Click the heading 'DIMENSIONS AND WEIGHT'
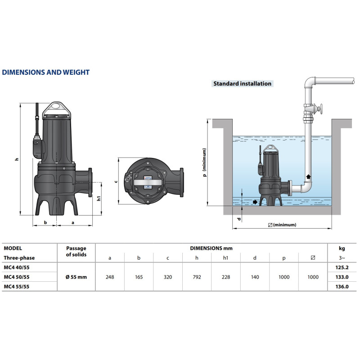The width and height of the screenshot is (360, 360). [46, 72]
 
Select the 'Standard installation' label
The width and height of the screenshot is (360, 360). [242, 84]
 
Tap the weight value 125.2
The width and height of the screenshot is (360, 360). [342, 267]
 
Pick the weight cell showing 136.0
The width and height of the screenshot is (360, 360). [342, 287]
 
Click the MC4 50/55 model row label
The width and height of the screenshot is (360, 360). [17, 277]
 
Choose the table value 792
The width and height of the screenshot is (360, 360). [197, 277]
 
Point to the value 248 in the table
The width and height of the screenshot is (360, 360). [110, 277]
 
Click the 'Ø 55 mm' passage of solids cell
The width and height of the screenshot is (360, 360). [76, 277]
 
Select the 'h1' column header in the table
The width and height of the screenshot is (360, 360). [226, 258]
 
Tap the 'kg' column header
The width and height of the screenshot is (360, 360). [342, 248]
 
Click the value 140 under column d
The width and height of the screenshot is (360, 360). [255, 277]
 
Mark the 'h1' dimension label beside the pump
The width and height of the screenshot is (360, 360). [99, 198]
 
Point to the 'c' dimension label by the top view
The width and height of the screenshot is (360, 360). [116, 181]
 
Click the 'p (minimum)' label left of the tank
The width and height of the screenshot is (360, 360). [204, 162]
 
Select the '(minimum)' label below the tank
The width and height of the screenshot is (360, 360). [283, 225]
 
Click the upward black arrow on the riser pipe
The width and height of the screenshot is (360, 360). [308, 176]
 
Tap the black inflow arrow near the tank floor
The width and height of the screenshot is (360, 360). [255, 202]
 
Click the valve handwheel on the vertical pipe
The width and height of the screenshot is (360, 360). [319, 108]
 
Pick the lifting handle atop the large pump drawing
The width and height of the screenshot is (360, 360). [57, 110]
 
